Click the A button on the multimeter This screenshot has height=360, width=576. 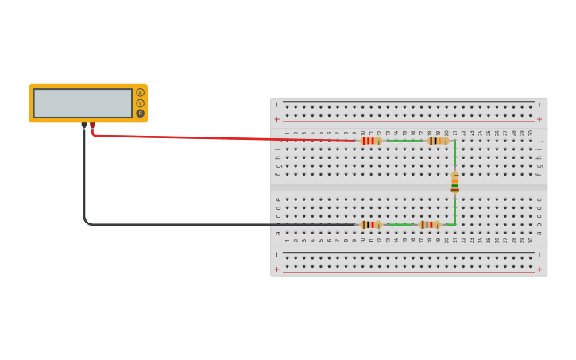[141, 92]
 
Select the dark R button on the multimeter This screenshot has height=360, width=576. [141, 114]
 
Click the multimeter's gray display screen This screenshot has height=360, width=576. [83, 103]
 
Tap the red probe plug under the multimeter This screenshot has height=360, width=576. [92, 126]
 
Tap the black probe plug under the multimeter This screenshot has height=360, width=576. [83, 126]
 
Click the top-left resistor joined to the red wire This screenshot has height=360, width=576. [370, 141]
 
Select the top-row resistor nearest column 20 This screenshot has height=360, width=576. [438, 141]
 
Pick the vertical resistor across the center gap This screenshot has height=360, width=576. [454, 183]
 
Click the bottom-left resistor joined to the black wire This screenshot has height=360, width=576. [370, 225]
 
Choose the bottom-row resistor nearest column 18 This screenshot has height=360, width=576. [430, 225]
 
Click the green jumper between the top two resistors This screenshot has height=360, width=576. [404, 141]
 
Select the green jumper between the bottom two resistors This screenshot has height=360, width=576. [400, 225]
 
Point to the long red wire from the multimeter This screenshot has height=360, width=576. [222, 137]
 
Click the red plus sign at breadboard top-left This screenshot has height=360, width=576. [277, 119]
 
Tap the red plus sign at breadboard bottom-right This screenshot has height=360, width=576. [539, 269]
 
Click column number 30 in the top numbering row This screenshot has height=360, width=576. [531, 133]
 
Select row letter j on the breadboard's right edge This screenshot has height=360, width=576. [539, 141]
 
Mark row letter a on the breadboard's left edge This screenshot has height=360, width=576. [278, 233]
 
